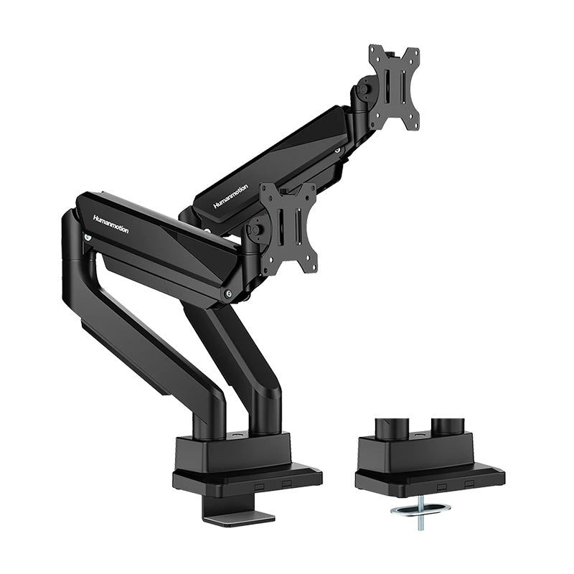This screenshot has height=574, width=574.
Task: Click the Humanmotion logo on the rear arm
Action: [x=231, y=196]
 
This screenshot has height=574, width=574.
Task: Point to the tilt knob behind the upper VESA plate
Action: [x=362, y=91]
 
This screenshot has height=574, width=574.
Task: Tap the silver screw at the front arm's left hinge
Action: [x=88, y=237]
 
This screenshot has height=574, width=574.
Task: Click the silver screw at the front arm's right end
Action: [x=228, y=293]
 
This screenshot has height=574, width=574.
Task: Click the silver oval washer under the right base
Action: [x=420, y=509]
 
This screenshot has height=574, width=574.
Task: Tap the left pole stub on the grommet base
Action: [x=395, y=428]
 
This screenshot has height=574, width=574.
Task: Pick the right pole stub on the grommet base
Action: [x=444, y=428]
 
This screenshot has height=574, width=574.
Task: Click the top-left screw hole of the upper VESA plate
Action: [x=374, y=51]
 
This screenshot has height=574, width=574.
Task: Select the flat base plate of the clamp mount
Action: [x=248, y=476]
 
